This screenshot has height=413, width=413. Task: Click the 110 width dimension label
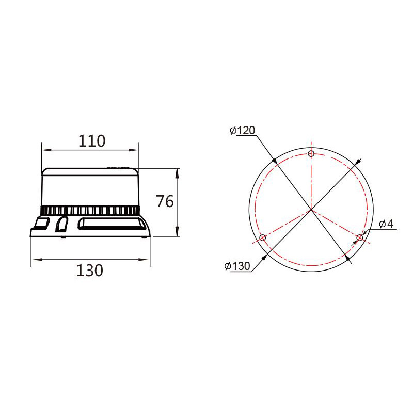coord(92,141)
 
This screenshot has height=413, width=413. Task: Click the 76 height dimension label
coord(165,201)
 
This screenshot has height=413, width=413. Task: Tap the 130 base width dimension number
coord(89,271)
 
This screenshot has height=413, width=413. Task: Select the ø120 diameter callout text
coord(243,130)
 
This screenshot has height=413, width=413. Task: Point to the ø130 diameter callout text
coord(237,266)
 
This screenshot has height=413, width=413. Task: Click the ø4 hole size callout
coord(386,224)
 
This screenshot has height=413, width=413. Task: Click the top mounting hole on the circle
coord(311,153)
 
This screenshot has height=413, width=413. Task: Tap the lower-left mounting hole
coord(263,238)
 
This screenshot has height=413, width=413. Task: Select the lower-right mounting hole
coord(359,238)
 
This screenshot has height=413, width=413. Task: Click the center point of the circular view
coord(311,210)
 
